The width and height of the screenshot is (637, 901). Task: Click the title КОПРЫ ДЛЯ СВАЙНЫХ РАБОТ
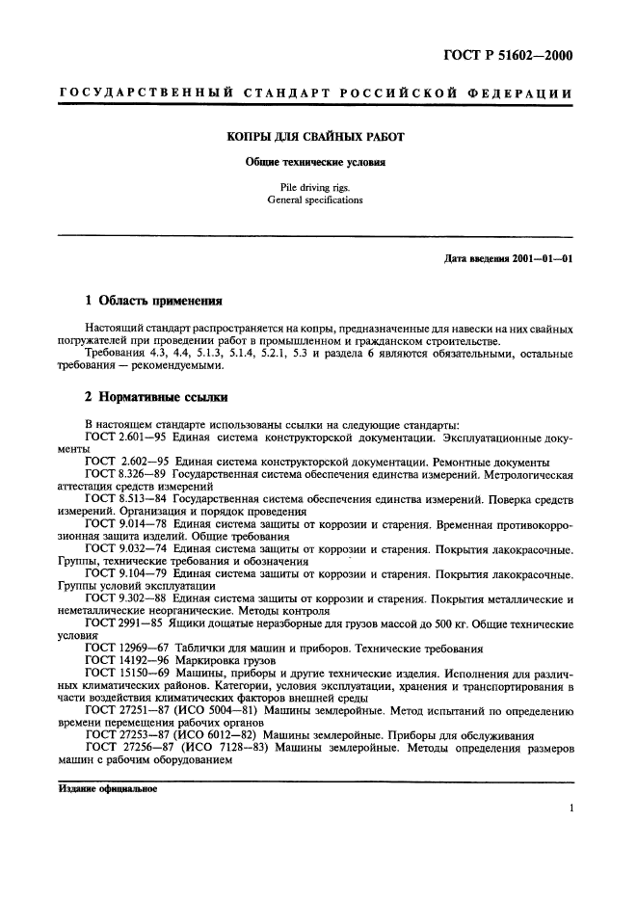315,137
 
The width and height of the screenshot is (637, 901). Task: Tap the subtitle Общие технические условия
315,163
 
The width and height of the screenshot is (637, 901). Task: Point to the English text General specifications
315,200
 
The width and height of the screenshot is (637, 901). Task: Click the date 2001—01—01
536,259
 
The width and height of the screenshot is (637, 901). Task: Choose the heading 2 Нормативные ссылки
153,397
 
